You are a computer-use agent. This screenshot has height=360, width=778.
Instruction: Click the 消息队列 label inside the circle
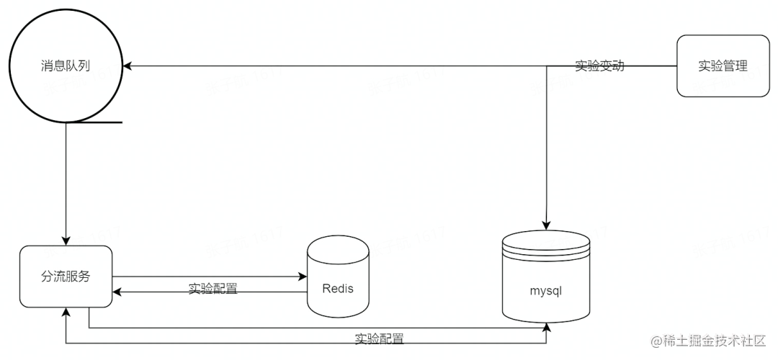click(x=66, y=66)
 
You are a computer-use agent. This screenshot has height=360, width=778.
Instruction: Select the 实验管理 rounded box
click(x=722, y=66)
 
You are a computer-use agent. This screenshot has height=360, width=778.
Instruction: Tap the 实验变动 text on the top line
click(x=599, y=66)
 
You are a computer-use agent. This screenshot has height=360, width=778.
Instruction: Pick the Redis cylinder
click(x=338, y=277)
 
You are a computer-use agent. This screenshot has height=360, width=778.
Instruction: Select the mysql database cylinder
click(x=545, y=277)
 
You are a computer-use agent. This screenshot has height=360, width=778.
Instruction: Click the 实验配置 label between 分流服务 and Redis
click(x=213, y=288)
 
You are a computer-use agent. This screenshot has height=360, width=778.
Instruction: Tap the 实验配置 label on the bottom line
click(x=379, y=338)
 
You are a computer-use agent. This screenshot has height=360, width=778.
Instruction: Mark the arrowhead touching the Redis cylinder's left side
click(x=303, y=276)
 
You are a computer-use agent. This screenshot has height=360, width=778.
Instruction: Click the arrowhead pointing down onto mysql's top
click(x=547, y=225)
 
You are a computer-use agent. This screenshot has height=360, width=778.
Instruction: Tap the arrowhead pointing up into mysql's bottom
click(x=547, y=327)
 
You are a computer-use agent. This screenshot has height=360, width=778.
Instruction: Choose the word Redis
click(x=338, y=289)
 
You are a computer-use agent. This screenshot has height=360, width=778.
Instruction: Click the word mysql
click(x=545, y=292)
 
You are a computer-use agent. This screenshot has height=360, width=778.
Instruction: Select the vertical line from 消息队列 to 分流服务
click(x=66, y=180)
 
